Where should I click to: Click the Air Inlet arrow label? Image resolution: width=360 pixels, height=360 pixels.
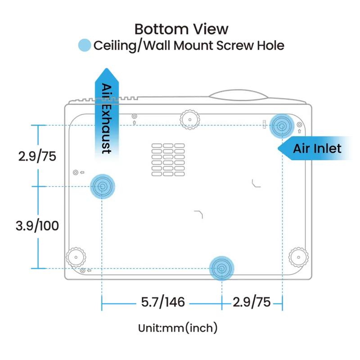tap(317, 148)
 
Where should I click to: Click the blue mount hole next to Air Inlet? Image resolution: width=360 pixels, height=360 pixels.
tap(282, 126)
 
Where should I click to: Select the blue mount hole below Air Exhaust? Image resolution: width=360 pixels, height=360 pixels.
tap(102, 186)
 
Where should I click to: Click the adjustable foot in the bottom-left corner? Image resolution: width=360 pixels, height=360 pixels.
tap(76, 256)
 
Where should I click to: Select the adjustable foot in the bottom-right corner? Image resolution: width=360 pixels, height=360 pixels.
tap(297, 256)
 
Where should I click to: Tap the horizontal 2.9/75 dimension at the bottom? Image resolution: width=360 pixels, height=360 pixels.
tap(252, 303)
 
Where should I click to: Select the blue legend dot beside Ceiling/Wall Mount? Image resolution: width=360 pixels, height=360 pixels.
tap(84, 45)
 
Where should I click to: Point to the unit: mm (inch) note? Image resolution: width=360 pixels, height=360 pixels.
tap(177, 328)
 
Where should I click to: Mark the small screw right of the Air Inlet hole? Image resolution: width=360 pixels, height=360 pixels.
tap(299, 124)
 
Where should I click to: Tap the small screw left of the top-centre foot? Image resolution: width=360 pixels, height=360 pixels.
tap(134, 117)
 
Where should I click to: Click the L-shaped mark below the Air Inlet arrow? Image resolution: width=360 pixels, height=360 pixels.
tap(256, 183)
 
